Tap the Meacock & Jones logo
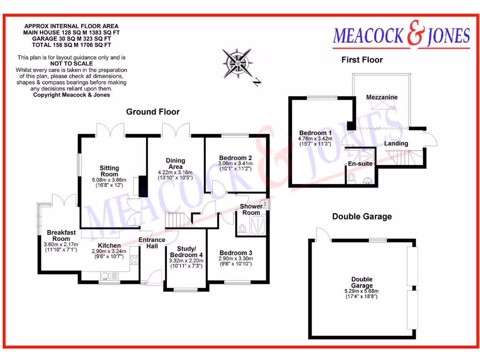401,37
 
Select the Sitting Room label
109,171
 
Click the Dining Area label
175,164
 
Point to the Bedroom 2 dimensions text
235,166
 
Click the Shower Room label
251,210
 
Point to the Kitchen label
109,246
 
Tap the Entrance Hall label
152,243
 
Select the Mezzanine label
382,97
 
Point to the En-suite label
360,164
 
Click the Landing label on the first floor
396,143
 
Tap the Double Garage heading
362,217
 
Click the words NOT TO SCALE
71,63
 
